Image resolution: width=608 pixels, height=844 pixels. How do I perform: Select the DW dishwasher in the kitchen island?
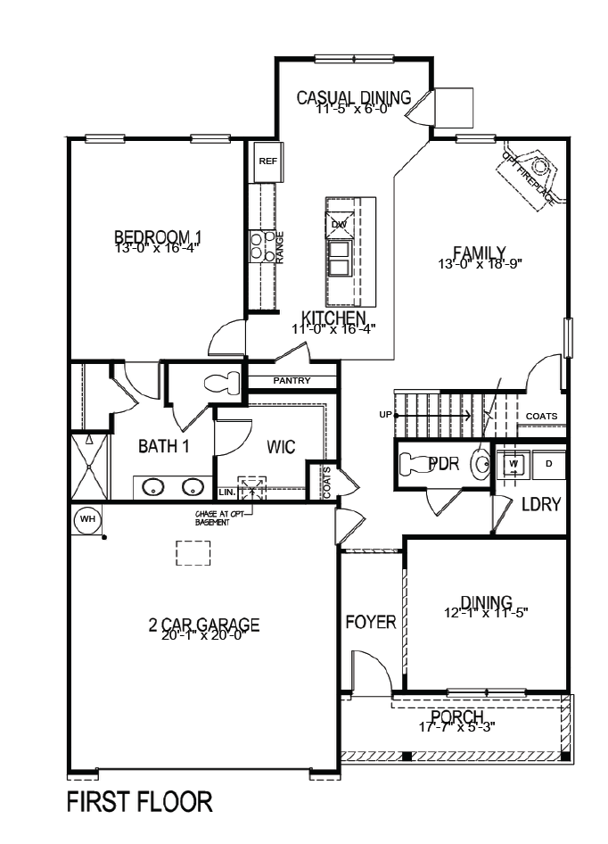click(x=339, y=223)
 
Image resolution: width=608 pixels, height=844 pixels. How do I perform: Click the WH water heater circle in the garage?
click(x=87, y=518)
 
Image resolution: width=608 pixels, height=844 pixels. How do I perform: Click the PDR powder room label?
click(x=443, y=464)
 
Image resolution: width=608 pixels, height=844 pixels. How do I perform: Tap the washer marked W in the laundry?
click(x=514, y=464)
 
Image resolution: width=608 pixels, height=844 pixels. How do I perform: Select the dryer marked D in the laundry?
click(x=549, y=464)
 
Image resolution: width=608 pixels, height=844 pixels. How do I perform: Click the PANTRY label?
click(x=292, y=381)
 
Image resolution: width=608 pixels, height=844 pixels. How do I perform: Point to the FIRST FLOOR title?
click(x=140, y=802)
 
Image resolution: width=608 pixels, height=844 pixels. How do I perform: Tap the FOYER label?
click(x=371, y=622)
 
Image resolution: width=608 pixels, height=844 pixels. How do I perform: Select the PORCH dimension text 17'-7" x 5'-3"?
click(x=457, y=726)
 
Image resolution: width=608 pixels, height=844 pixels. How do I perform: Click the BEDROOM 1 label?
click(x=158, y=237)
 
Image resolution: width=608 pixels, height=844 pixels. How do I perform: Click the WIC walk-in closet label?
click(x=281, y=447)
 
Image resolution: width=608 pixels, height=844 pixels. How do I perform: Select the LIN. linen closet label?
click(x=226, y=492)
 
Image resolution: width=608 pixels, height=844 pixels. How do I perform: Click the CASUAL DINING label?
click(x=353, y=97)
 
